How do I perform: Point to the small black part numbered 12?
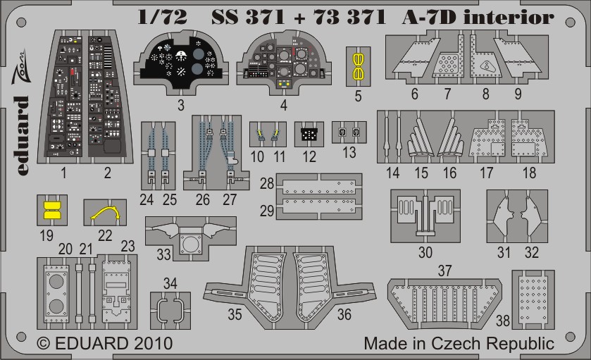pyautogui.click(x=307, y=132)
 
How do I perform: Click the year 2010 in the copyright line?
pyautogui.click(x=148, y=345)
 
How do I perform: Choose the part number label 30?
pyautogui.click(x=425, y=252)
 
